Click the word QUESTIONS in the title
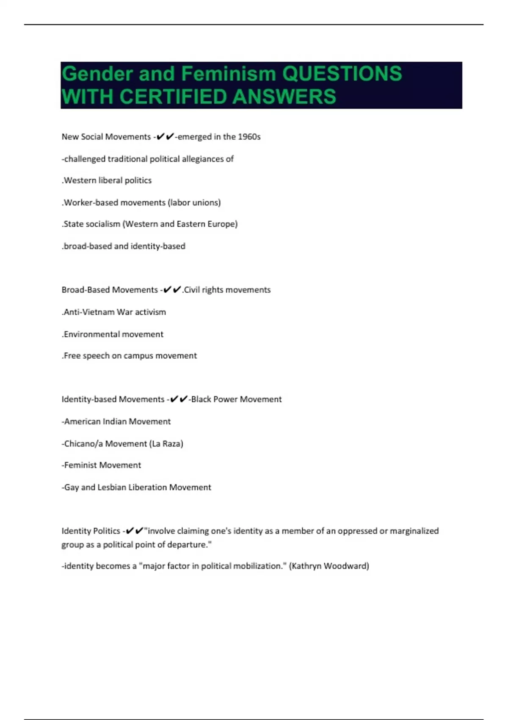point(342,74)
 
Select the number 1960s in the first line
point(249,137)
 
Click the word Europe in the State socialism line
point(224,224)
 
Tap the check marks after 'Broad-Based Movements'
point(171,290)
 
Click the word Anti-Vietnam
point(88,312)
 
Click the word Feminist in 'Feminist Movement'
point(81,465)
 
